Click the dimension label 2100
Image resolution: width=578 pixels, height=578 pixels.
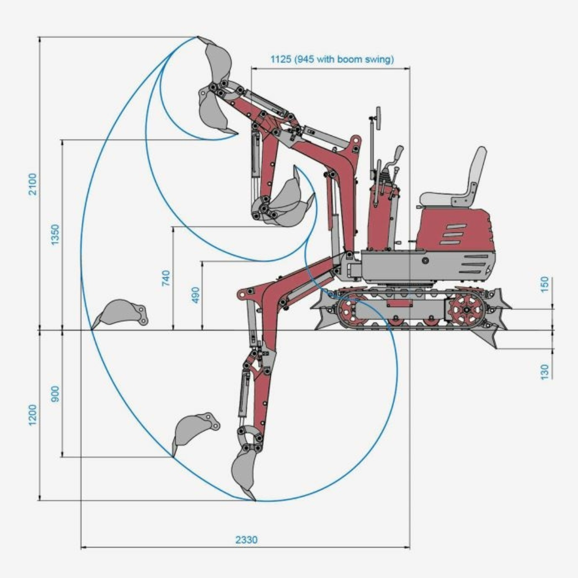(33, 184)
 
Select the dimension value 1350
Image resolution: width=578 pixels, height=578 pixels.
(55, 234)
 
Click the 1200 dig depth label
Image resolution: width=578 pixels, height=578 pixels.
(33, 415)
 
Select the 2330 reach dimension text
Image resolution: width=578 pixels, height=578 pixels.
(246, 539)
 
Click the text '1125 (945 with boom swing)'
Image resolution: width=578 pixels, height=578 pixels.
(332, 59)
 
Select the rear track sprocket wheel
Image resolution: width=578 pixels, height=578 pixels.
(466, 310)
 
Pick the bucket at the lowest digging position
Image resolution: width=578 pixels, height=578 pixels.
(244, 471)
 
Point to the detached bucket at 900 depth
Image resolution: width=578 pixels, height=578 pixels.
(193, 428)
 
